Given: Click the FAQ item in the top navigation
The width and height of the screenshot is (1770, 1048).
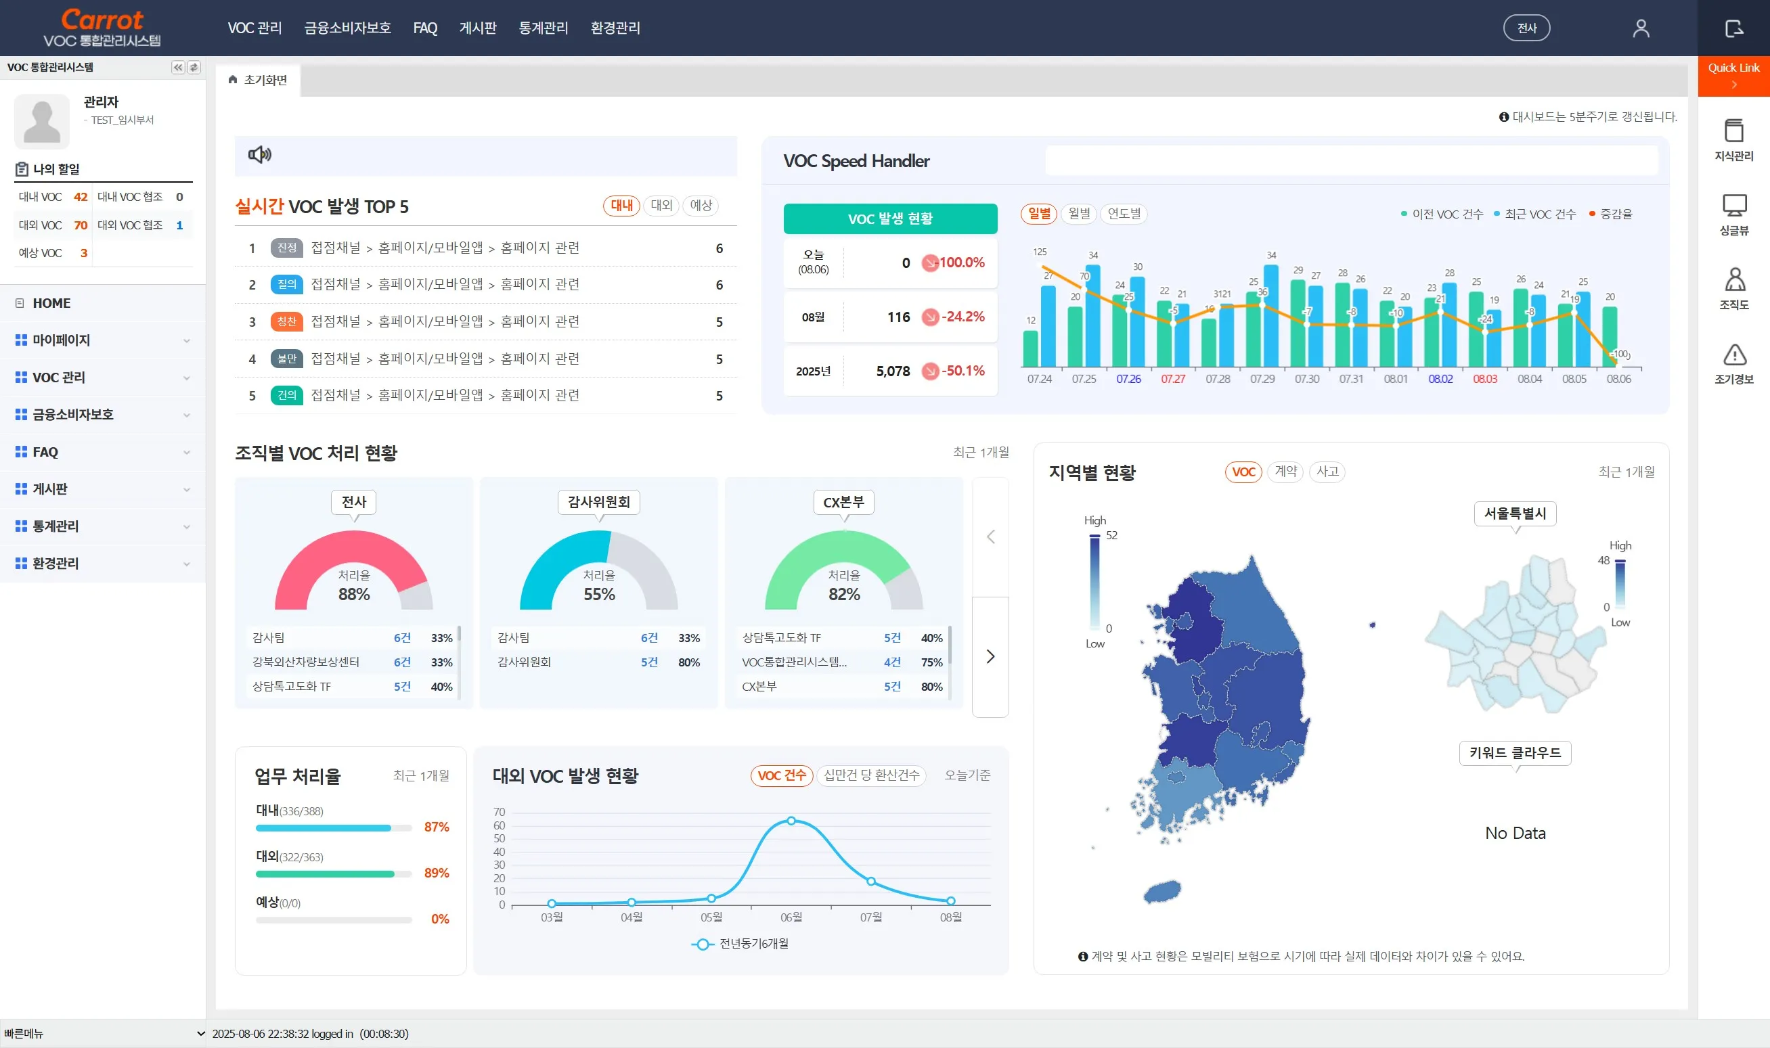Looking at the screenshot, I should click(424, 28).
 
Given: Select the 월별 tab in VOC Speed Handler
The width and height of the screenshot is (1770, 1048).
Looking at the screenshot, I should click(1078, 213).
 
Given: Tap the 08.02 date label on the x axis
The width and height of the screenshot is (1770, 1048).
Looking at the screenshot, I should click(1440, 380).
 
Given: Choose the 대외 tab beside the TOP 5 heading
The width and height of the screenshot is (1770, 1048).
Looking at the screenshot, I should click(661, 206).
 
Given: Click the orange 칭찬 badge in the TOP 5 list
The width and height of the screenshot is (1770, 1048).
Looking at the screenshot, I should click(286, 321).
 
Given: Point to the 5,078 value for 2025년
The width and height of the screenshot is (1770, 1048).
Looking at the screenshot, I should click(893, 371).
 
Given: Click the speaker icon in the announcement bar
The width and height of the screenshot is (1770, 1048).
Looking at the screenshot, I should click(259, 155).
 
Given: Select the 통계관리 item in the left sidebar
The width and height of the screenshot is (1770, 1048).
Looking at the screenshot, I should click(56, 526).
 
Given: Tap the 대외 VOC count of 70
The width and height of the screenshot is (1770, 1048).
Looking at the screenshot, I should click(81, 225).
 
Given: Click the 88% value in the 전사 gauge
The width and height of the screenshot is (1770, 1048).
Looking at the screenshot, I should click(354, 595).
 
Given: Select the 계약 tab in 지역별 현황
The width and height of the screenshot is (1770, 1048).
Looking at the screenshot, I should click(1285, 472).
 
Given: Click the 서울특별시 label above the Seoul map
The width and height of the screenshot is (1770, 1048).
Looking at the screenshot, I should click(1515, 514).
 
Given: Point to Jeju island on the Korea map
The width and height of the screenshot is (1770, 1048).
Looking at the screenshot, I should click(1162, 892).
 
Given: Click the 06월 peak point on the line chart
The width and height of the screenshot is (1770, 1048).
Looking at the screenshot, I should click(791, 821).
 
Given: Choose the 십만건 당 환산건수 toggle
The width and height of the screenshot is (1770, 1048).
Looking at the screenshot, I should click(871, 775).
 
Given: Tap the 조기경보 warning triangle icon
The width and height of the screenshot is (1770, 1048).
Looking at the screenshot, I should click(1734, 355).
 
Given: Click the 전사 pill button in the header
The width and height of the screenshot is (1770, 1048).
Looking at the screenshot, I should click(1526, 28).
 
